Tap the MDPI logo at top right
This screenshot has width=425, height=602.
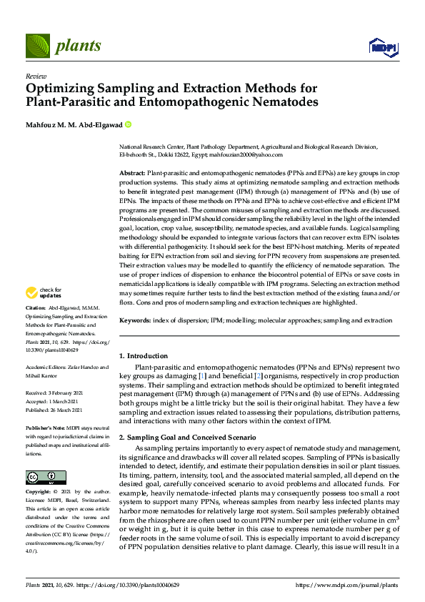click(384, 48)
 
